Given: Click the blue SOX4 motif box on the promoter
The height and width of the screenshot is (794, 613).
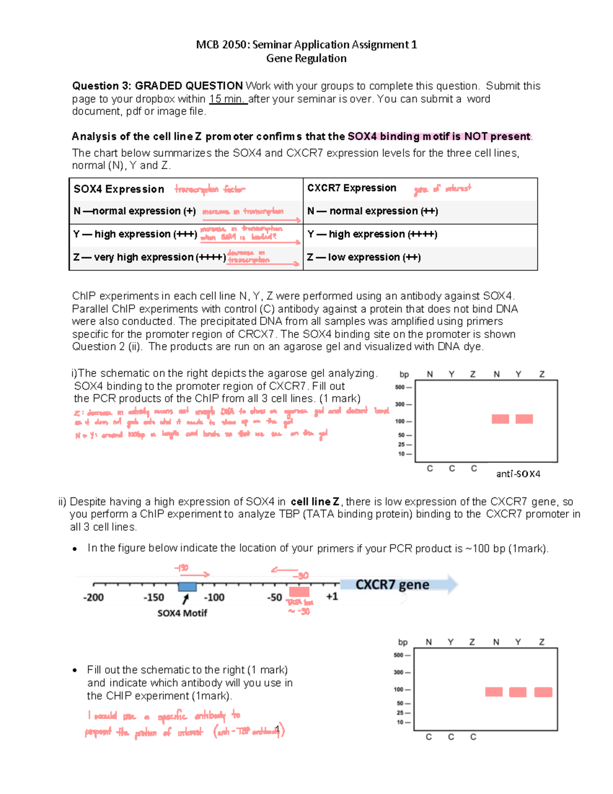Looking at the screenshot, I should (x=187, y=587).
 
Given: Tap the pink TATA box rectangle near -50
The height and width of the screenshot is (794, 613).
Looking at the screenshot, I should (x=299, y=592).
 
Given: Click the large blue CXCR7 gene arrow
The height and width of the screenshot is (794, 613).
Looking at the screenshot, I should (x=398, y=584).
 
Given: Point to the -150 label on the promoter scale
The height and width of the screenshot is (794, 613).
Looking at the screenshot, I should (x=153, y=597).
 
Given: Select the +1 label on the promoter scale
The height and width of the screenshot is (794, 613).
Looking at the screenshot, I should (x=332, y=597).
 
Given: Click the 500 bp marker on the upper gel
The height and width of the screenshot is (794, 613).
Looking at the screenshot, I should (x=399, y=387).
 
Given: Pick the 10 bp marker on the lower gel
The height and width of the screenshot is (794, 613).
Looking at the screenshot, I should (x=400, y=722).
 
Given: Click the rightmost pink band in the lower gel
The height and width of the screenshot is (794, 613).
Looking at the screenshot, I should (x=543, y=692).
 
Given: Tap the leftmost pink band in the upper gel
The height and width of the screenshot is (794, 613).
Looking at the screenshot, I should (x=500, y=419).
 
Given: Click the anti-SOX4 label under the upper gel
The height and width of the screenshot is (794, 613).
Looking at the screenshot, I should (x=518, y=474).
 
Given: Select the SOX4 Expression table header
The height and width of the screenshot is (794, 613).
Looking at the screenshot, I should (x=119, y=189).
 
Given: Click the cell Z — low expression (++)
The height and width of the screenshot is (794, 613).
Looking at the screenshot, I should (x=364, y=257).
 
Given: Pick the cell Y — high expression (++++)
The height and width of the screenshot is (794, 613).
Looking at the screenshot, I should (x=372, y=234).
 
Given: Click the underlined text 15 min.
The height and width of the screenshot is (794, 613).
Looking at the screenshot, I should (x=228, y=99).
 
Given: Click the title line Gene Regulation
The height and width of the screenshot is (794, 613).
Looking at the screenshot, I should (x=306, y=58).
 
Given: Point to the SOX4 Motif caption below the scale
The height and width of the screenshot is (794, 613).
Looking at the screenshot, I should (x=182, y=613).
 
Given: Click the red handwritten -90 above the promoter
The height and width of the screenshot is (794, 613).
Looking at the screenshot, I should (x=303, y=576).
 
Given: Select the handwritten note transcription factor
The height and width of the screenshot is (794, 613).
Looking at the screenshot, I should (x=209, y=190).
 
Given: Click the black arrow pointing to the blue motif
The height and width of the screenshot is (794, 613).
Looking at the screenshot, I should (x=185, y=599).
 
